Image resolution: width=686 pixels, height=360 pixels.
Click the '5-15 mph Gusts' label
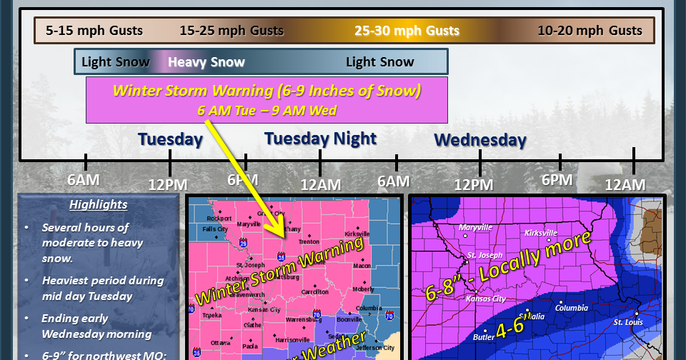(94, 31)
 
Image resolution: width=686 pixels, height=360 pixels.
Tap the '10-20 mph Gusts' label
(590, 31)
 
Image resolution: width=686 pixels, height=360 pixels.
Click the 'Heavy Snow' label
(206, 62)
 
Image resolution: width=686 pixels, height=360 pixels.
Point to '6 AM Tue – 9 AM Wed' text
(267, 111)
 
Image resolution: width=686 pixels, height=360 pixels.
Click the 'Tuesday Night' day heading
(320, 138)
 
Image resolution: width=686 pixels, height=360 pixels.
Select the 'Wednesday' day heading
(480, 140)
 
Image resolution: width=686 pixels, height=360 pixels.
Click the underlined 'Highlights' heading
(98, 205)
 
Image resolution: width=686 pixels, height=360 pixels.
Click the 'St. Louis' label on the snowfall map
(628, 321)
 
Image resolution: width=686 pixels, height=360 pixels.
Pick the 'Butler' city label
(483, 336)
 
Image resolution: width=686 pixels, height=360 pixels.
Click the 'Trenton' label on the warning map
(309, 242)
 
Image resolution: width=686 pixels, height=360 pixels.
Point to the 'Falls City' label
(214, 229)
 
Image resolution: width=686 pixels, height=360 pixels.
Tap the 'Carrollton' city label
(314, 292)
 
